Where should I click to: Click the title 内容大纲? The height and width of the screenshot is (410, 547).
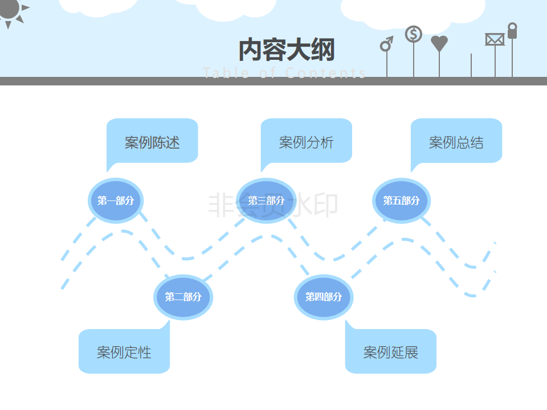pyautogui.click(x=286, y=50)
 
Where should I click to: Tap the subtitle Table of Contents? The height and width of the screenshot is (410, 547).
pyautogui.click(x=284, y=73)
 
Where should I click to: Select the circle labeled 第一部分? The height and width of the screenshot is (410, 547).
pyautogui.click(x=116, y=200)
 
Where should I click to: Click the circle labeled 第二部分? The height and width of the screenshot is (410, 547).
pyautogui.click(x=183, y=297)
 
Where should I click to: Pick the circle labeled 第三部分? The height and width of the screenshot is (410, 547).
pyautogui.click(x=266, y=200)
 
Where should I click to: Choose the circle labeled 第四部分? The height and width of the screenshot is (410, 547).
pyautogui.click(x=324, y=297)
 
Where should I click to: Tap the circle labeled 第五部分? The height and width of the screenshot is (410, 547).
pyautogui.click(x=401, y=200)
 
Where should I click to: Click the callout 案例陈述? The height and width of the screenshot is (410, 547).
pyautogui.click(x=152, y=142)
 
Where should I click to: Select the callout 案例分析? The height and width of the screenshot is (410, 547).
pyautogui.click(x=307, y=142)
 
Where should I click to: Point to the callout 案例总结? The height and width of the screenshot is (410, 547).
pyautogui.click(x=456, y=142)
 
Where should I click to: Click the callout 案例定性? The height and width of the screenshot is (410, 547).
pyautogui.click(x=124, y=352)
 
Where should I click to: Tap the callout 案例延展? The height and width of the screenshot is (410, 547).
pyautogui.click(x=391, y=352)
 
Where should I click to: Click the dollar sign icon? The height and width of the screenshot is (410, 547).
pyautogui.click(x=414, y=34)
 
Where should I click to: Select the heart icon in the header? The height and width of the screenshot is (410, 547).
pyautogui.click(x=439, y=43)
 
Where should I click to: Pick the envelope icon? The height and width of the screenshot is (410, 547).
pyautogui.click(x=495, y=39)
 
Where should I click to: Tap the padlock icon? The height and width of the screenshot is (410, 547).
pyautogui.click(x=512, y=31)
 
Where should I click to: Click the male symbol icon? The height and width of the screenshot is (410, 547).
pyautogui.click(x=387, y=44)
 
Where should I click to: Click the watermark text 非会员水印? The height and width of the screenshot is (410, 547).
pyautogui.click(x=273, y=205)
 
